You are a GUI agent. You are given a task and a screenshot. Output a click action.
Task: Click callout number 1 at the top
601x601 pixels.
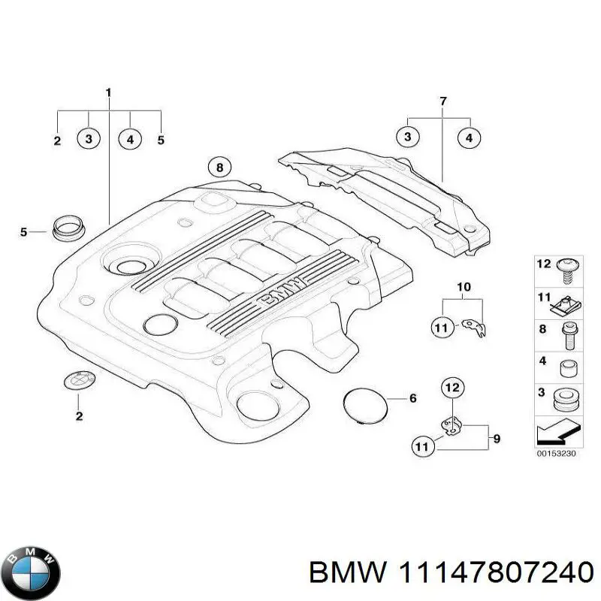108,93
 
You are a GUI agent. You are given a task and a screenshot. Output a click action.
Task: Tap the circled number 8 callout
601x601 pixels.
219,168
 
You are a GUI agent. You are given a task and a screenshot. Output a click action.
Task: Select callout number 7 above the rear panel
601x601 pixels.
442,101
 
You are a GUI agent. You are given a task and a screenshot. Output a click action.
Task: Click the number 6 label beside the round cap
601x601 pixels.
412,398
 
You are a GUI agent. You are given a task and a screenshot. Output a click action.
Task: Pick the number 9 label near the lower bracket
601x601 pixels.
497,438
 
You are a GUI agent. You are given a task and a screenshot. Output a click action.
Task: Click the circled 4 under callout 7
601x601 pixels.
470,137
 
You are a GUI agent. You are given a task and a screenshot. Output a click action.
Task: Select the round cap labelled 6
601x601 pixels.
365,406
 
